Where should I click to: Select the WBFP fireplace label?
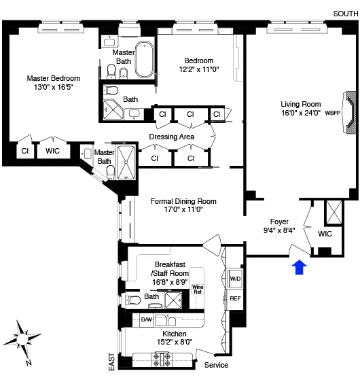[333, 113]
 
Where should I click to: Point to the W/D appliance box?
[235, 279]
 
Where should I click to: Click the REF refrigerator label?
[235, 298]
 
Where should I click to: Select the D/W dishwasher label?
[147, 318]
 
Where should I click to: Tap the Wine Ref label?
[198, 290]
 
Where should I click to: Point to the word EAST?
[112, 360]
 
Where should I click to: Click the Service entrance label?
[217, 366]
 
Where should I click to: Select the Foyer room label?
[279, 222]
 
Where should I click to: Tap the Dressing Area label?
[172, 137]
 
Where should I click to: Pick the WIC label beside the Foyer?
[325, 234]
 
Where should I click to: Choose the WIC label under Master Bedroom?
[53, 151]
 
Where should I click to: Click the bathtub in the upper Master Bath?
[145, 60]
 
